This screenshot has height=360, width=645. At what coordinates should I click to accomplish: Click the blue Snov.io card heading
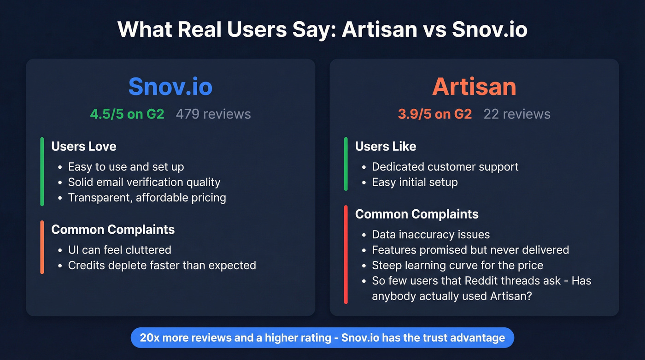(x=170, y=86)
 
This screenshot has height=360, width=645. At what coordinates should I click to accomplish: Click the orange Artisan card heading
(x=474, y=86)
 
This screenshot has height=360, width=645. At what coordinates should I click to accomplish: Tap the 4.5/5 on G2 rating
(x=127, y=114)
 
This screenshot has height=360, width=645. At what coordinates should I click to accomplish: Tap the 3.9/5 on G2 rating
(x=434, y=114)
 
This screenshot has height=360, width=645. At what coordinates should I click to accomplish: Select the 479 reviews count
(x=213, y=114)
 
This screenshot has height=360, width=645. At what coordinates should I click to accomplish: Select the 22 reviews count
(x=517, y=114)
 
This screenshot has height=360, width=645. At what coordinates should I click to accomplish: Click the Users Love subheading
(x=84, y=147)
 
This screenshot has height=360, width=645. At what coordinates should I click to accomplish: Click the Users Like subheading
(x=386, y=147)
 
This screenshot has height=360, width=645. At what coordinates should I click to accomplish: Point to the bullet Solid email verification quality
(x=144, y=182)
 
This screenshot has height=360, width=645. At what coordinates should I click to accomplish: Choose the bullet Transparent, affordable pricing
(x=147, y=198)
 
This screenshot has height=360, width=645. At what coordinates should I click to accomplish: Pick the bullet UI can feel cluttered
(x=120, y=250)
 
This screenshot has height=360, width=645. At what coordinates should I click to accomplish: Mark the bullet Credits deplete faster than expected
(x=162, y=266)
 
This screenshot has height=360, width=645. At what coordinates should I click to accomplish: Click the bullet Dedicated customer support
(x=445, y=166)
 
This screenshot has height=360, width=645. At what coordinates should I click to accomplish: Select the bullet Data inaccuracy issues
(x=431, y=234)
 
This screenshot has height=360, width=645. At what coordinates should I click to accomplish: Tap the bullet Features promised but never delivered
(x=470, y=250)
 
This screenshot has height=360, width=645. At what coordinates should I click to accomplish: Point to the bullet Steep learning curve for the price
(x=457, y=266)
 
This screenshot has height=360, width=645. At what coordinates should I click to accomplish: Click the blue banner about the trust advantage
(x=322, y=338)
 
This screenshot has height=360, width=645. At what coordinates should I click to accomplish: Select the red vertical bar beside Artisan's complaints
(x=346, y=254)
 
